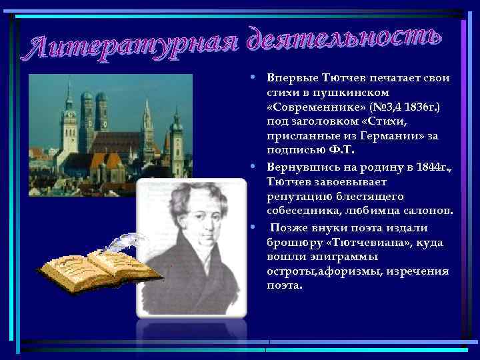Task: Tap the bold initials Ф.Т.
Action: (323, 151)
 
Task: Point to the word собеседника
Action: (305, 210)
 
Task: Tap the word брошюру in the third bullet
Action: (291, 242)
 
